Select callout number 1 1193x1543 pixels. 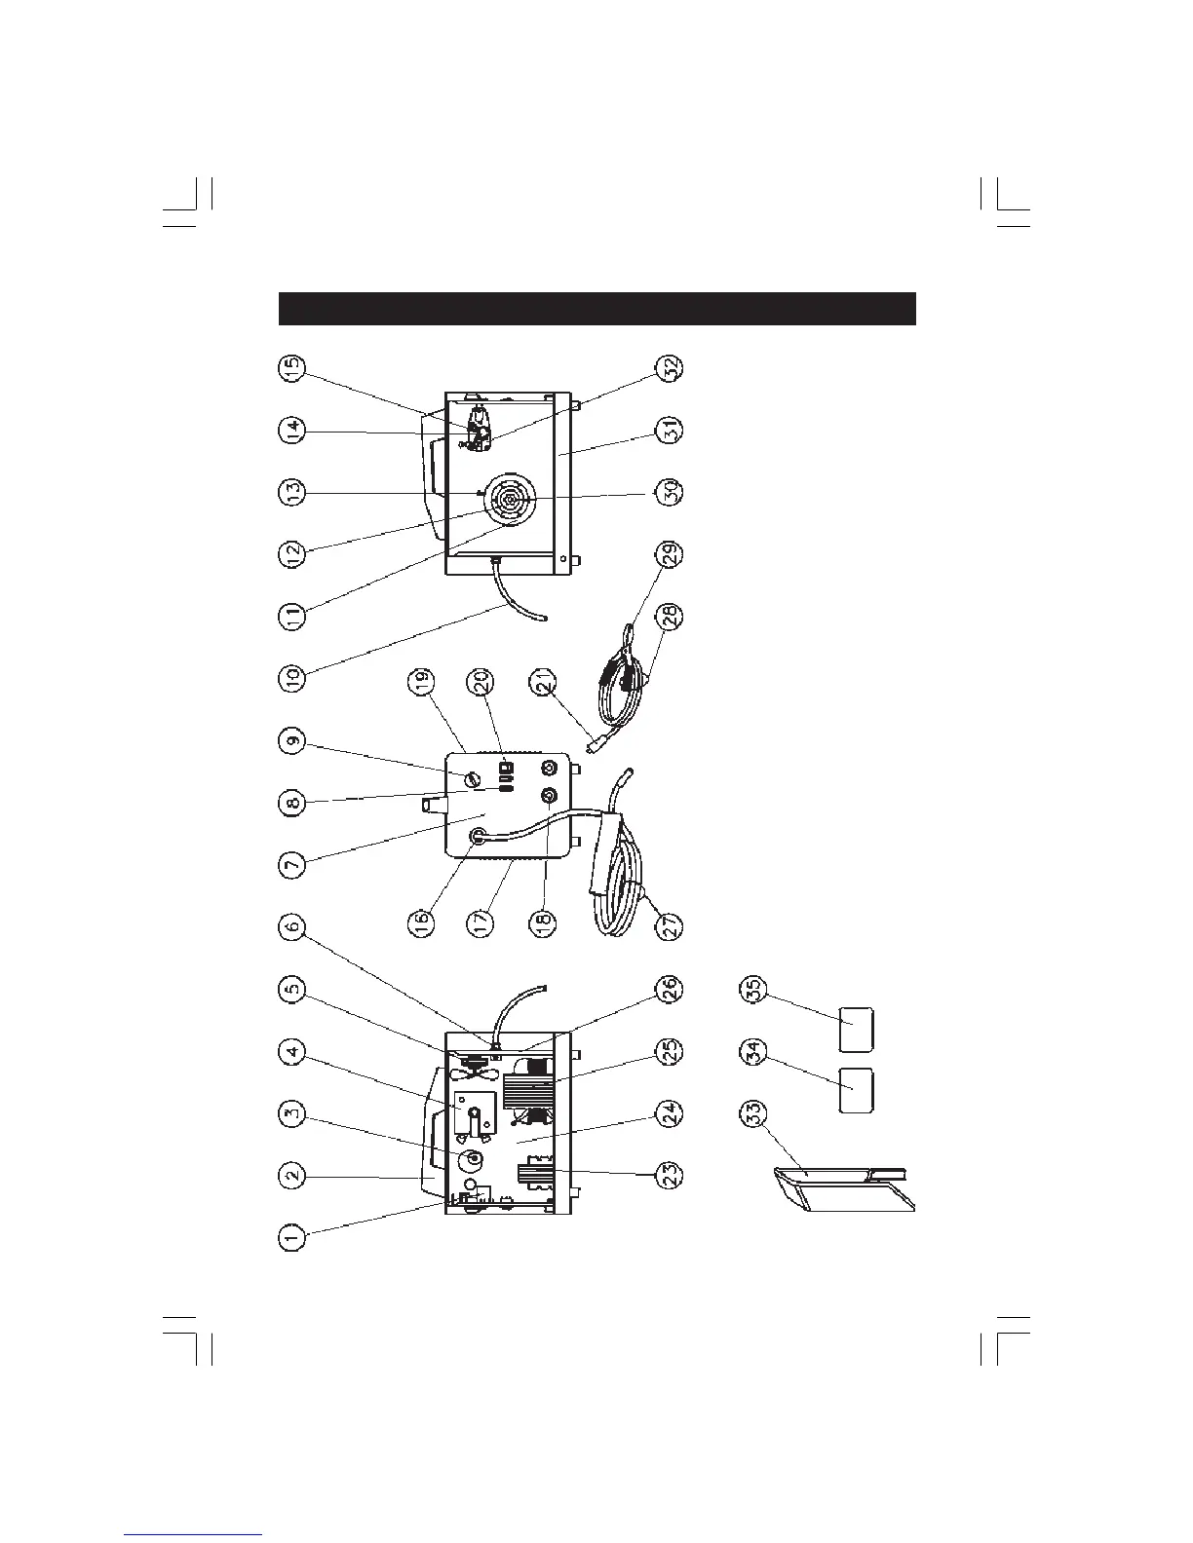[x=291, y=1236]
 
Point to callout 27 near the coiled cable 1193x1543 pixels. [x=669, y=922]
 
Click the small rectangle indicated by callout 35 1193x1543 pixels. [x=857, y=1030]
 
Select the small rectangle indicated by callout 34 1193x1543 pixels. [x=857, y=1090]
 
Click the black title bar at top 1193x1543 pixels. [x=596, y=308]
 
